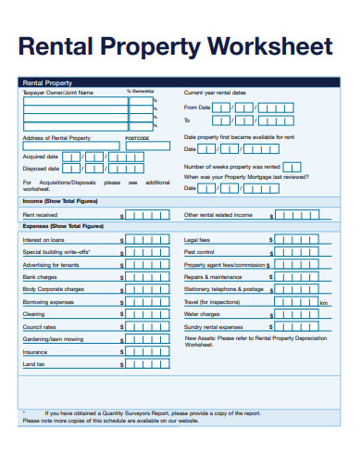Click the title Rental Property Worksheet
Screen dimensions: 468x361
[176, 46]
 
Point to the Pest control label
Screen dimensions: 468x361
[200, 252]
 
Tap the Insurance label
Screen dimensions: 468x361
[35, 352]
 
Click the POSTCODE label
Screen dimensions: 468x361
[136, 138]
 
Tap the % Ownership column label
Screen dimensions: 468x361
[141, 92]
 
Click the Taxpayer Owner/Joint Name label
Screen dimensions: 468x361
[57, 93]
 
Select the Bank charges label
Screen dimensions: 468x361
[41, 276]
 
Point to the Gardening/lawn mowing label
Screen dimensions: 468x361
[54, 339]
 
